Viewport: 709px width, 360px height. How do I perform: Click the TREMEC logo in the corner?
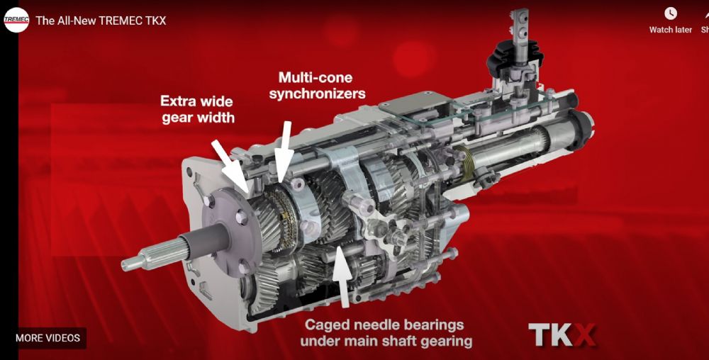16,21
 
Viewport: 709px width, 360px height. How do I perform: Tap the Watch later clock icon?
671,13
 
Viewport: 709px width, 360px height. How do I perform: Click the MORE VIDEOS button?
48,338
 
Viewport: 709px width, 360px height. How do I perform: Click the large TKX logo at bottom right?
562,334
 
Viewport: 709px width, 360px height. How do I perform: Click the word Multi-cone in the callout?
316,78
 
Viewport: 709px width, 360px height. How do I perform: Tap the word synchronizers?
317,94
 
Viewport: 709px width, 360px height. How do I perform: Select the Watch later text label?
671,30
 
